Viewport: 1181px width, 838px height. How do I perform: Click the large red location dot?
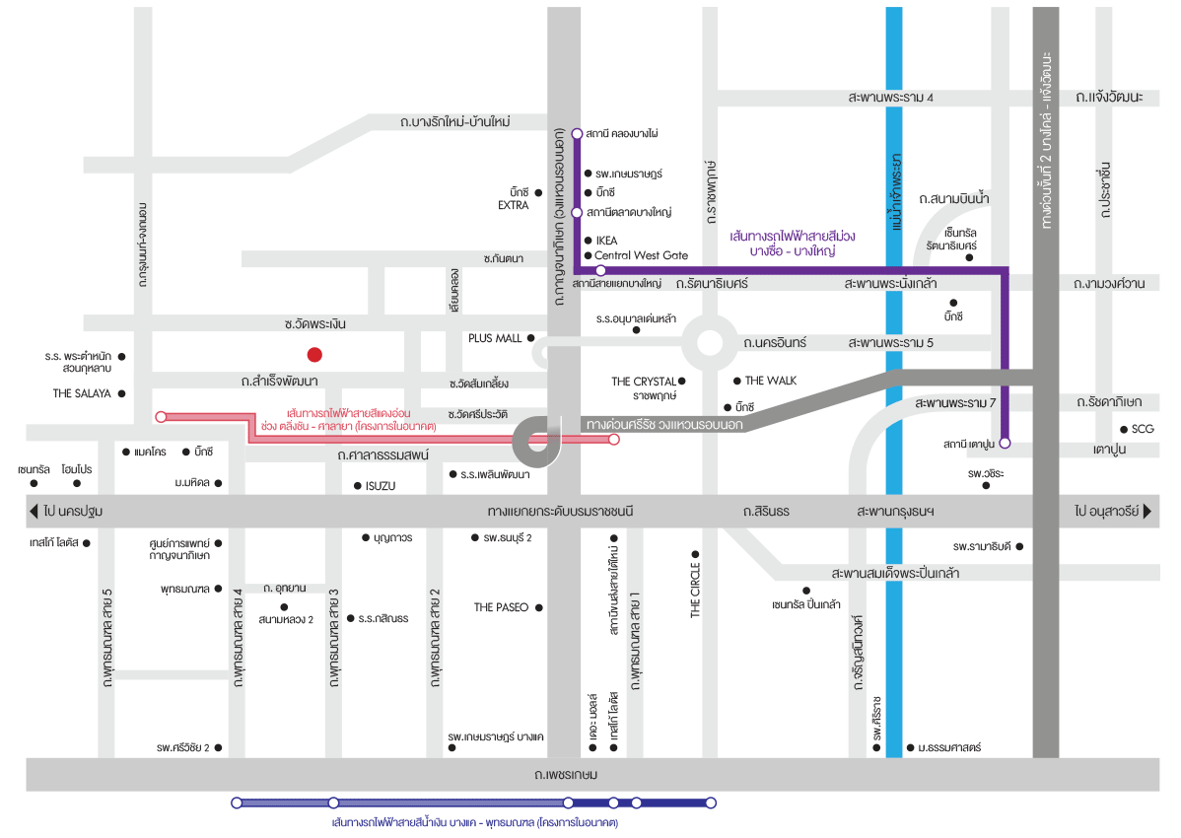pyautogui.click(x=314, y=355)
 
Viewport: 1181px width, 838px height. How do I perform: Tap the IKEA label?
pyautogui.click(x=606, y=241)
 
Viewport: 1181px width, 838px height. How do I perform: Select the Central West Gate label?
pyautogui.click(x=641, y=255)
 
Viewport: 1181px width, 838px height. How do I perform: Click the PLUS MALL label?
pyautogui.click(x=495, y=338)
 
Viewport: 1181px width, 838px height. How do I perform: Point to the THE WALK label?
pyautogui.click(x=771, y=381)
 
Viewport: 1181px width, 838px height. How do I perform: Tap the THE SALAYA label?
pyautogui.click(x=82, y=393)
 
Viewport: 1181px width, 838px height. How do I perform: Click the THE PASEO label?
pyautogui.click(x=501, y=607)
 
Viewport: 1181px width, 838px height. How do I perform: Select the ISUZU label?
pyautogui.click(x=381, y=486)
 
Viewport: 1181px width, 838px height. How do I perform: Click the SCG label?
pyautogui.click(x=1143, y=429)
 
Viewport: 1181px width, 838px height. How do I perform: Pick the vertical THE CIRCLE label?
pyautogui.click(x=695, y=591)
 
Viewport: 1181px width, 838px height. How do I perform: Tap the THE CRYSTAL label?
pyautogui.click(x=644, y=382)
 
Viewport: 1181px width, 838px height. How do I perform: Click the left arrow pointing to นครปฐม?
pyautogui.click(x=34, y=512)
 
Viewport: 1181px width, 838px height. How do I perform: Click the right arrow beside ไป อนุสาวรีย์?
pyautogui.click(x=1147, y=512)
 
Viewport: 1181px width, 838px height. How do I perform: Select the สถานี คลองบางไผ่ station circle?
pyautogui.click(x=577, y=134)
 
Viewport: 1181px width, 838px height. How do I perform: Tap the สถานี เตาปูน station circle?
pyautogui.click(x=1005, y=444)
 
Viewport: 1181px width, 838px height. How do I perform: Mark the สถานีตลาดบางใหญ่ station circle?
pyautogui.click(x=577, y=212)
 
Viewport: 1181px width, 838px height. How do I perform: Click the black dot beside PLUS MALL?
pyautogui.click(x=531, y=338)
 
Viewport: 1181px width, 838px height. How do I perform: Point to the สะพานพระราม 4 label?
pyautogui.click(x=890, y=98)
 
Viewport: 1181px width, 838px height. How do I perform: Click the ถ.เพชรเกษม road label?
pyautogui.click(x=566, y=775)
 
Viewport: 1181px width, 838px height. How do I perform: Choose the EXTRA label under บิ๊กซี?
pyautogui.click(x=513, y=205)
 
